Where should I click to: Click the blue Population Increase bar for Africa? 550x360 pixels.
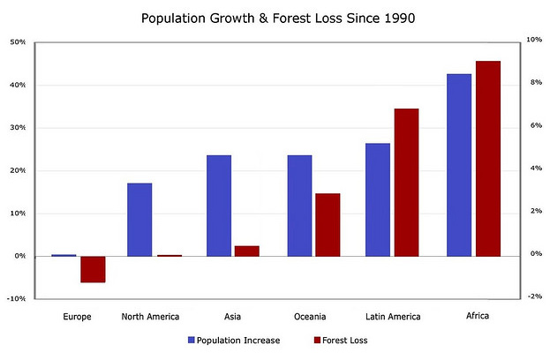459,165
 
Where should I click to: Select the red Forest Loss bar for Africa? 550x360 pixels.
488,159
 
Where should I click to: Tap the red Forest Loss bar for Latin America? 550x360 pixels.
406,183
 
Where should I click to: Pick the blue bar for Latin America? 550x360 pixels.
378,199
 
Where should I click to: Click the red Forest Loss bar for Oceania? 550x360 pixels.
328,225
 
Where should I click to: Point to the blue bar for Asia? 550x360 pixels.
219,206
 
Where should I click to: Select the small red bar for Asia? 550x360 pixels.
247,251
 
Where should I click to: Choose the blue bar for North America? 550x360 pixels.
139,220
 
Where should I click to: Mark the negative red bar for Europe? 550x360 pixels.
93,270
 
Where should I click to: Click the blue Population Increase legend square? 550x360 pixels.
192,340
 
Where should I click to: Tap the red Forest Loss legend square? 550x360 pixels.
317,340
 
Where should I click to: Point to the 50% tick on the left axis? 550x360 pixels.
19,42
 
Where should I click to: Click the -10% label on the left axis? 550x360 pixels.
17,298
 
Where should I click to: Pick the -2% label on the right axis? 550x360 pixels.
535,296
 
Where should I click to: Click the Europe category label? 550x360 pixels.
77,317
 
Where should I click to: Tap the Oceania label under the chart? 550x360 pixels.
310,317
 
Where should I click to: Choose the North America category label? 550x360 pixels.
150,317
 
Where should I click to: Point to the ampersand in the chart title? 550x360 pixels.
263,19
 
